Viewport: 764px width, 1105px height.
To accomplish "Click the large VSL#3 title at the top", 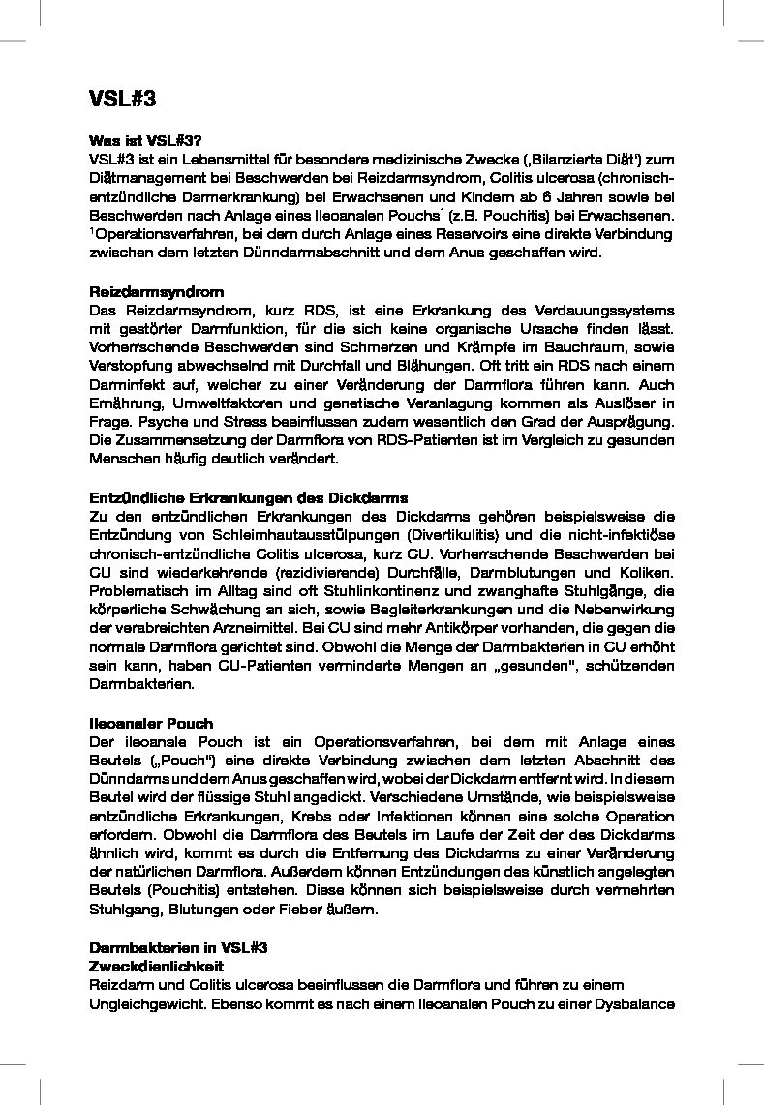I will click(x=122, y=99).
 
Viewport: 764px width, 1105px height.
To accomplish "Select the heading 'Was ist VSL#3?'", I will click(x=145, y=140).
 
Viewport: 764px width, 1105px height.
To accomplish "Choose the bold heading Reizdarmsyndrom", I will click(x=156, y=291).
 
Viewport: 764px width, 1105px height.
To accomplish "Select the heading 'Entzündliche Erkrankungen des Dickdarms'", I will click(x=248, y=497).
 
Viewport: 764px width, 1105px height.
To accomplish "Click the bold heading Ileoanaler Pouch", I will click(x=151, y=723).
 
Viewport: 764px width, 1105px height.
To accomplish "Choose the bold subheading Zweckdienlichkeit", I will click(x=156, y=967).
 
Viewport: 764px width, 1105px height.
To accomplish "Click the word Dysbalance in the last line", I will click(x=634, y=1004).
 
